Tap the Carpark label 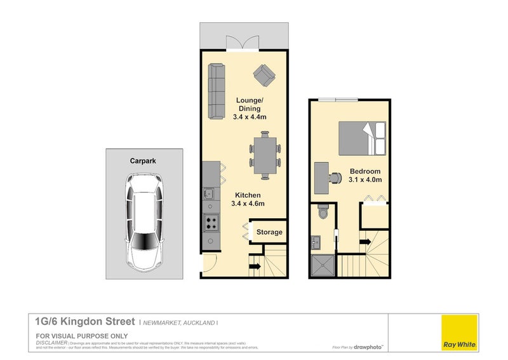click(144, 162)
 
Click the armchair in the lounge click(264, 76)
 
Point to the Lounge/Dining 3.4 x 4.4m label click(250, 109)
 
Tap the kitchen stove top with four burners click(211, 223)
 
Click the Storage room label click(269, 232)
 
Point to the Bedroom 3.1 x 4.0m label click(365, 176)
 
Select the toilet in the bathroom click(322, 212)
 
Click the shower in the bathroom click(323, 265)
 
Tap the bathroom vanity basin click(316, 242)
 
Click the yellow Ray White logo click(460, 332)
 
